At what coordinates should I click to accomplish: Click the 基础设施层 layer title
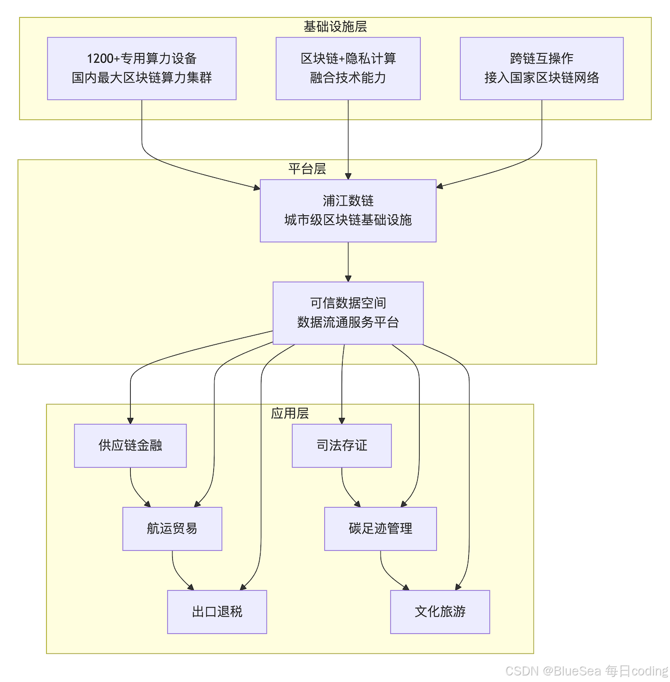tap(335, 26)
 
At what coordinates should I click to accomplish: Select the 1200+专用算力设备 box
tap(141, 69)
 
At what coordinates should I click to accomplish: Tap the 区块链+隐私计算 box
tap(348, 69)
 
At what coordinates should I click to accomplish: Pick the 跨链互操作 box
tap(542, 69)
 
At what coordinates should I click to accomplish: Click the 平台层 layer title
tap(307, 169)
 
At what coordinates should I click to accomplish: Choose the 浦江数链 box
tap(348, 211)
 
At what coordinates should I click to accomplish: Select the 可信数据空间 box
tap(348, 313)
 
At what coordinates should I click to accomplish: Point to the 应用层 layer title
tap(290, 413)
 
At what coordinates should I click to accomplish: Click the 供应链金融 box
tap(130, 446)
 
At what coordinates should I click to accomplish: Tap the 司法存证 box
tap(342, 446)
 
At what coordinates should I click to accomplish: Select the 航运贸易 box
tap(172, 529)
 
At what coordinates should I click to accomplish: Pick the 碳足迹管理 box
tap(381, 529)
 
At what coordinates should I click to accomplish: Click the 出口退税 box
tap(217, 612)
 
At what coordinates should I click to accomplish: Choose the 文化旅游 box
tap(440, 612)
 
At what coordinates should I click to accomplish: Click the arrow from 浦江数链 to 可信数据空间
tap(348, 262)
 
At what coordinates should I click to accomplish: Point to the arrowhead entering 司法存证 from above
tap(342, 421)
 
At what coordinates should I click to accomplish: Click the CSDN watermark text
tap(586, 671)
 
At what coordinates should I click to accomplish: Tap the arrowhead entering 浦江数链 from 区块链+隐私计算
tap(348, 177)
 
